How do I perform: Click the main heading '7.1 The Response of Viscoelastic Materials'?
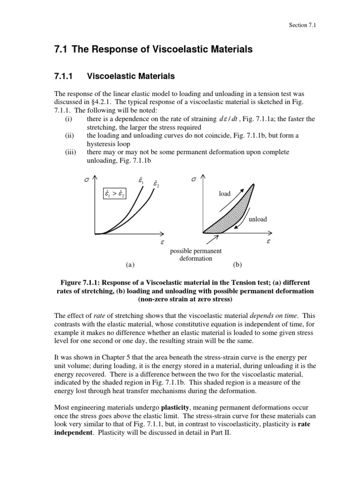154,49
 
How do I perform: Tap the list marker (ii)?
71,135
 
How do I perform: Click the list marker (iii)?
72,152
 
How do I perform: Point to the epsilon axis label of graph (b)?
268,242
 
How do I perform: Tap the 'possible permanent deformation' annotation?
196,255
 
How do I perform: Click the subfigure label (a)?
130,264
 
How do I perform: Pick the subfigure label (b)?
237,264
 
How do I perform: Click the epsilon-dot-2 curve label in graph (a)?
156,184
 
